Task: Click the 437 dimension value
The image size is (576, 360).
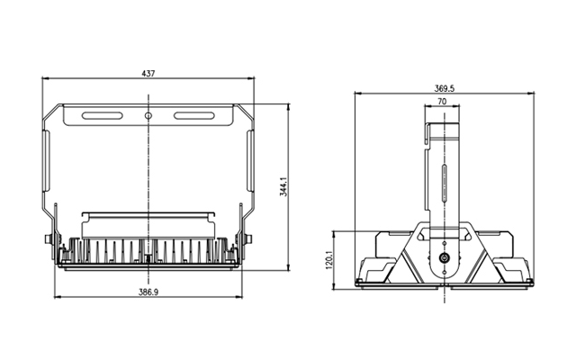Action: pos(148,74)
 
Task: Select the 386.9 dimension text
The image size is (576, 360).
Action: pos(148,292)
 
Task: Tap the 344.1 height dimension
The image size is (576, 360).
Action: pos(283,186)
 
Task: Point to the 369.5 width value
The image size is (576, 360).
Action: pos(444,88)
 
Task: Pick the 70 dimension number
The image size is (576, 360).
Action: pos(442,101)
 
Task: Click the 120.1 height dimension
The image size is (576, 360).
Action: pos(328,260)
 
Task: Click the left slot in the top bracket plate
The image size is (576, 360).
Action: pos(102,116)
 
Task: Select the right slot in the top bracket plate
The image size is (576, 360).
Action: pos(194,116)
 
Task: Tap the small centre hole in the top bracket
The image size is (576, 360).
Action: pos(148,116)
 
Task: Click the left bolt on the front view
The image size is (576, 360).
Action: pos(48,239)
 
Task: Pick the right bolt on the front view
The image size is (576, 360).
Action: pos(248,239)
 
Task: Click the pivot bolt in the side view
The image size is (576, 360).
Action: pos(444,258)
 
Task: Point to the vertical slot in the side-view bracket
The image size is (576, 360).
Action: pos(444,184)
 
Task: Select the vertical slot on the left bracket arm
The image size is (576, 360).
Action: pos(47,160)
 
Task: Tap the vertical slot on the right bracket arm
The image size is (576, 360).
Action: pos(250,160)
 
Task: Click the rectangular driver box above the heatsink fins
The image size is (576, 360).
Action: pos(148,226)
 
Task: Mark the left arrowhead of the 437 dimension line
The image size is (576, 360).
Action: pos(45,78)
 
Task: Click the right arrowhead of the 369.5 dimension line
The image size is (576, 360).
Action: pos(531,94)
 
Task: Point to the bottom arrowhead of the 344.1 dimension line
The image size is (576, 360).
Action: pos(288,267)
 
